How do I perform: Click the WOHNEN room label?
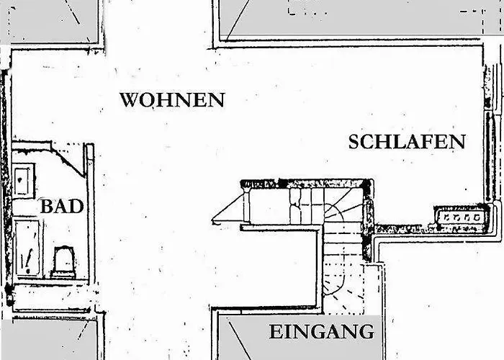pyautogui.click(x=172, y=99)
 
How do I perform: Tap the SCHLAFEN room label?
pyautogui.click(x=407, y=141)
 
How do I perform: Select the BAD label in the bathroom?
pyautogui.click(x=62, y=207)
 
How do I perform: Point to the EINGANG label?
pyautogui.click(x=322, y=333)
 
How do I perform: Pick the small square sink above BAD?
pyautogui.click(x=24, y=179)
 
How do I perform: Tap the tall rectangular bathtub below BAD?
pyautogui.click(x=27, y=248)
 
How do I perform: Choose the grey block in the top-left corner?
pyautogui.click(x=50, y=20)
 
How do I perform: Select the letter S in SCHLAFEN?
pyautogui.click(x=355, y=141)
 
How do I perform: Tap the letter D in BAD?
pyautogui.click(x=76, y=207)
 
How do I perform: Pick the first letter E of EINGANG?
pyautogui.click(x=275, y=333)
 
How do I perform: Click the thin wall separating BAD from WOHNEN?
pyautogui.click(x=90, y=216)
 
